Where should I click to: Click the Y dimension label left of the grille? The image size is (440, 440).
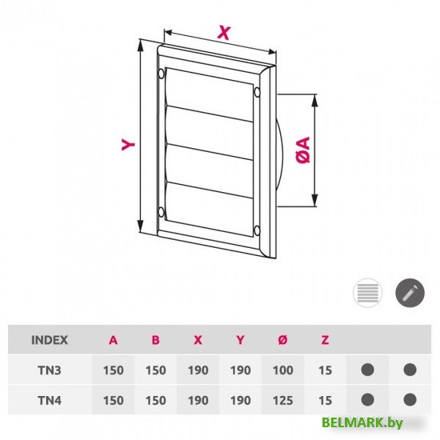click(127, 144)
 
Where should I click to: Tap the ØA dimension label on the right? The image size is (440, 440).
click(303, 150)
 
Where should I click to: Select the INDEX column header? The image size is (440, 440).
click(49, 339)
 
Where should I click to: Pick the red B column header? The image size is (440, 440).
click(155, 339)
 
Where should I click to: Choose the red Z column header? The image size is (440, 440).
click(324, 339)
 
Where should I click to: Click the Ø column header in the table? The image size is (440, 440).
click(282, 339)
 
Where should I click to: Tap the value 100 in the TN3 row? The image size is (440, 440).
click(282, 370)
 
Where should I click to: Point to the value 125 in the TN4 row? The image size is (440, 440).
click(282, 400)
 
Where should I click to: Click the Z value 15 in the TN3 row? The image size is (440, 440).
click(324, 370)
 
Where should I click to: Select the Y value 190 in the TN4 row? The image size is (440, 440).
click(239, 400)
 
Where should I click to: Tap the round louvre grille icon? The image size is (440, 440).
click(366, 293)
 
